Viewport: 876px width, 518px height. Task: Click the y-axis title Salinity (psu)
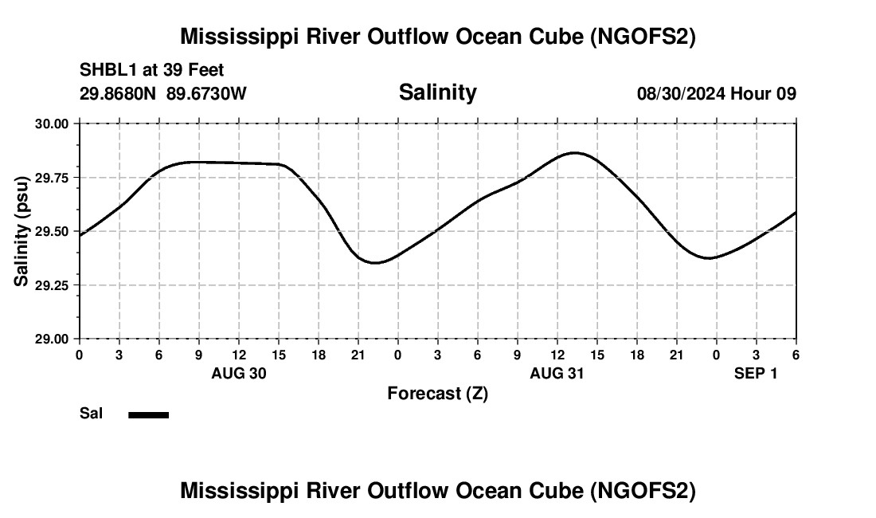tap(22, 231)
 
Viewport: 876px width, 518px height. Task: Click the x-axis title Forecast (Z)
tap(437, 393)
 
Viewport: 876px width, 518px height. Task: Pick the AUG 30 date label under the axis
tap(238, 373)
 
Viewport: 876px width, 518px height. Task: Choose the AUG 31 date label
tap(557, 373)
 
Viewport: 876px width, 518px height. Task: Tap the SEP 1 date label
tap(755, 373)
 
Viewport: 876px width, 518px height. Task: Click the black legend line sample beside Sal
tap(149, 414)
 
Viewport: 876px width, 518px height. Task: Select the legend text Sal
tap(91, 414)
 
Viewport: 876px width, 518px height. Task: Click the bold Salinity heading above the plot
tap(437, 92)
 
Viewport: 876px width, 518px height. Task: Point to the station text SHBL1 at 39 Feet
tap(151, 70)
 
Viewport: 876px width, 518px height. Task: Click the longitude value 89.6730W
tap(206, 94)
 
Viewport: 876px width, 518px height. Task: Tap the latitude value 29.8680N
tap(119, 94)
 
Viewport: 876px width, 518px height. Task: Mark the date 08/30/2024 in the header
tap(681, 94)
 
